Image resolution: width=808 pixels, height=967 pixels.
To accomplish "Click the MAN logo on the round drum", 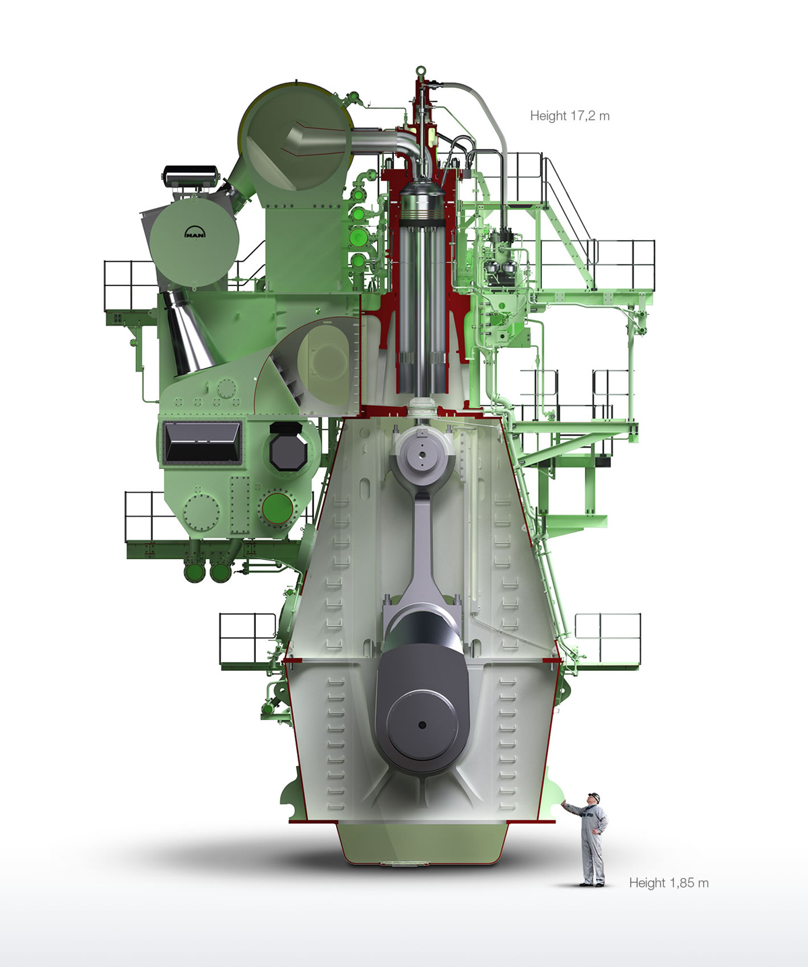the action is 195,232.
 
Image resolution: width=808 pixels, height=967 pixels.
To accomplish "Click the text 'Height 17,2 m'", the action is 570,116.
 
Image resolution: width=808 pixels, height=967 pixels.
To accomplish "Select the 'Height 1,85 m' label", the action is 669,883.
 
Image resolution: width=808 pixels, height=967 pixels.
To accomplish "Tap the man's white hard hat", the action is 595,796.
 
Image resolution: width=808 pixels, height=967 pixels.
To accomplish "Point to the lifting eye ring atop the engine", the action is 420,71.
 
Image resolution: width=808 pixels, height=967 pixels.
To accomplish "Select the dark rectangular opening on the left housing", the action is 203,442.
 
